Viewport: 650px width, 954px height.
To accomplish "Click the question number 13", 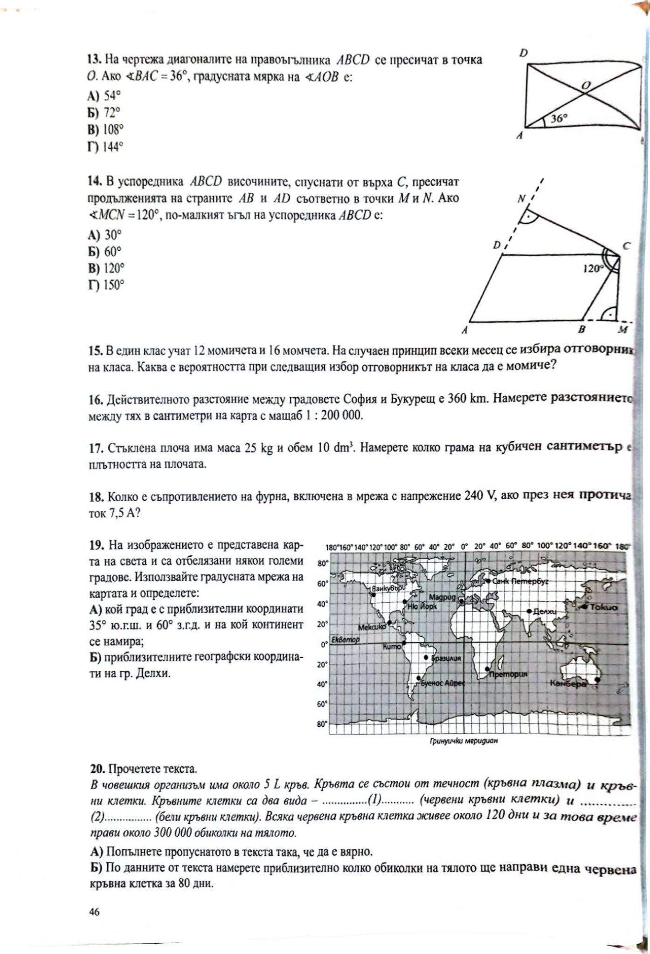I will tap(95, 60).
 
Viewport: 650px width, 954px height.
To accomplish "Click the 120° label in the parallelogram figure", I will tap(593, 268).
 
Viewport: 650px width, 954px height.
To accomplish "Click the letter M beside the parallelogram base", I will tap(622, 330).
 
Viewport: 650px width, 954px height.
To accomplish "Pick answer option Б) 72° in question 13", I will tap(104, 113).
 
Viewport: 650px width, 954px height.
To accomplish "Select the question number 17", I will tap(95, 448).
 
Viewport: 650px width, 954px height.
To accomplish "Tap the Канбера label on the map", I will tap(567, 683).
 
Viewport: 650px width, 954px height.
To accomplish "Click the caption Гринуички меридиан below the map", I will tap(462, 742).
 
